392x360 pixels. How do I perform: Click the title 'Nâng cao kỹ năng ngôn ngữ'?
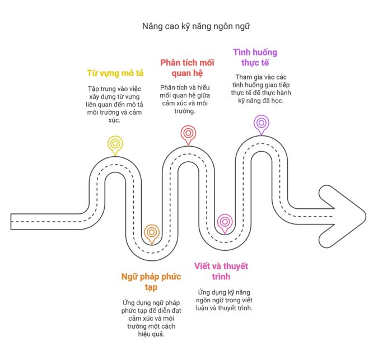(196, 26)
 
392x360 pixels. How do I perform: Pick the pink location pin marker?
(225, 222)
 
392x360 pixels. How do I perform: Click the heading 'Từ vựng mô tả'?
(115, 73)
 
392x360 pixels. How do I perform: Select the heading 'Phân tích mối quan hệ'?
(187, 68)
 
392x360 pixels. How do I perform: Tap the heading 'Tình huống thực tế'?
(255, 57)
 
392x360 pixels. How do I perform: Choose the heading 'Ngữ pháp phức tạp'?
(151, 282)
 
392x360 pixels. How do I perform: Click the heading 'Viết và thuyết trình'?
(221, 271)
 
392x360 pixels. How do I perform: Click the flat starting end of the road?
(11, 222)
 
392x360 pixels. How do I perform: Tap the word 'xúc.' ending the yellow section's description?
(114, 120)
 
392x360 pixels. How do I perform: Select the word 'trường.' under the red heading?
(185, 111)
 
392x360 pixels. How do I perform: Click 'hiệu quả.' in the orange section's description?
(151, 334)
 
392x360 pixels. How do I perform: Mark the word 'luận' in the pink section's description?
(202, 308)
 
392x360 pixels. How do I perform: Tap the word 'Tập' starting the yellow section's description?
(93, 89)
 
